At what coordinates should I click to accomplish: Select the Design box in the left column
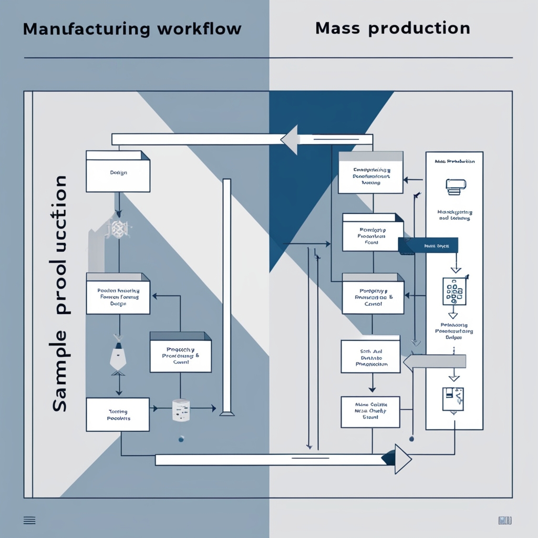click(118, 172)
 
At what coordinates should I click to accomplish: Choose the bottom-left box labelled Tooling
click(118, 415)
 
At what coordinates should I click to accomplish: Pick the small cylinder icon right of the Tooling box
click(180, 410)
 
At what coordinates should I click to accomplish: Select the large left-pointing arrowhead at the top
click(290, 140)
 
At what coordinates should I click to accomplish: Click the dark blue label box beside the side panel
click(428, 245)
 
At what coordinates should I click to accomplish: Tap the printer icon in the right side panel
click(455, 185)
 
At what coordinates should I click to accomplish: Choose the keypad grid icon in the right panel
click(454, 292)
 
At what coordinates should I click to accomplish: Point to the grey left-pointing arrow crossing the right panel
click(434, 361)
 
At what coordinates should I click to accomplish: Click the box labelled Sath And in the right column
click(370, 357)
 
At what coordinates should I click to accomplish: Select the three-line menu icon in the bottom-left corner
click(30, 520)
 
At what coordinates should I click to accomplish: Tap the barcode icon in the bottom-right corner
click(505, 520)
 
